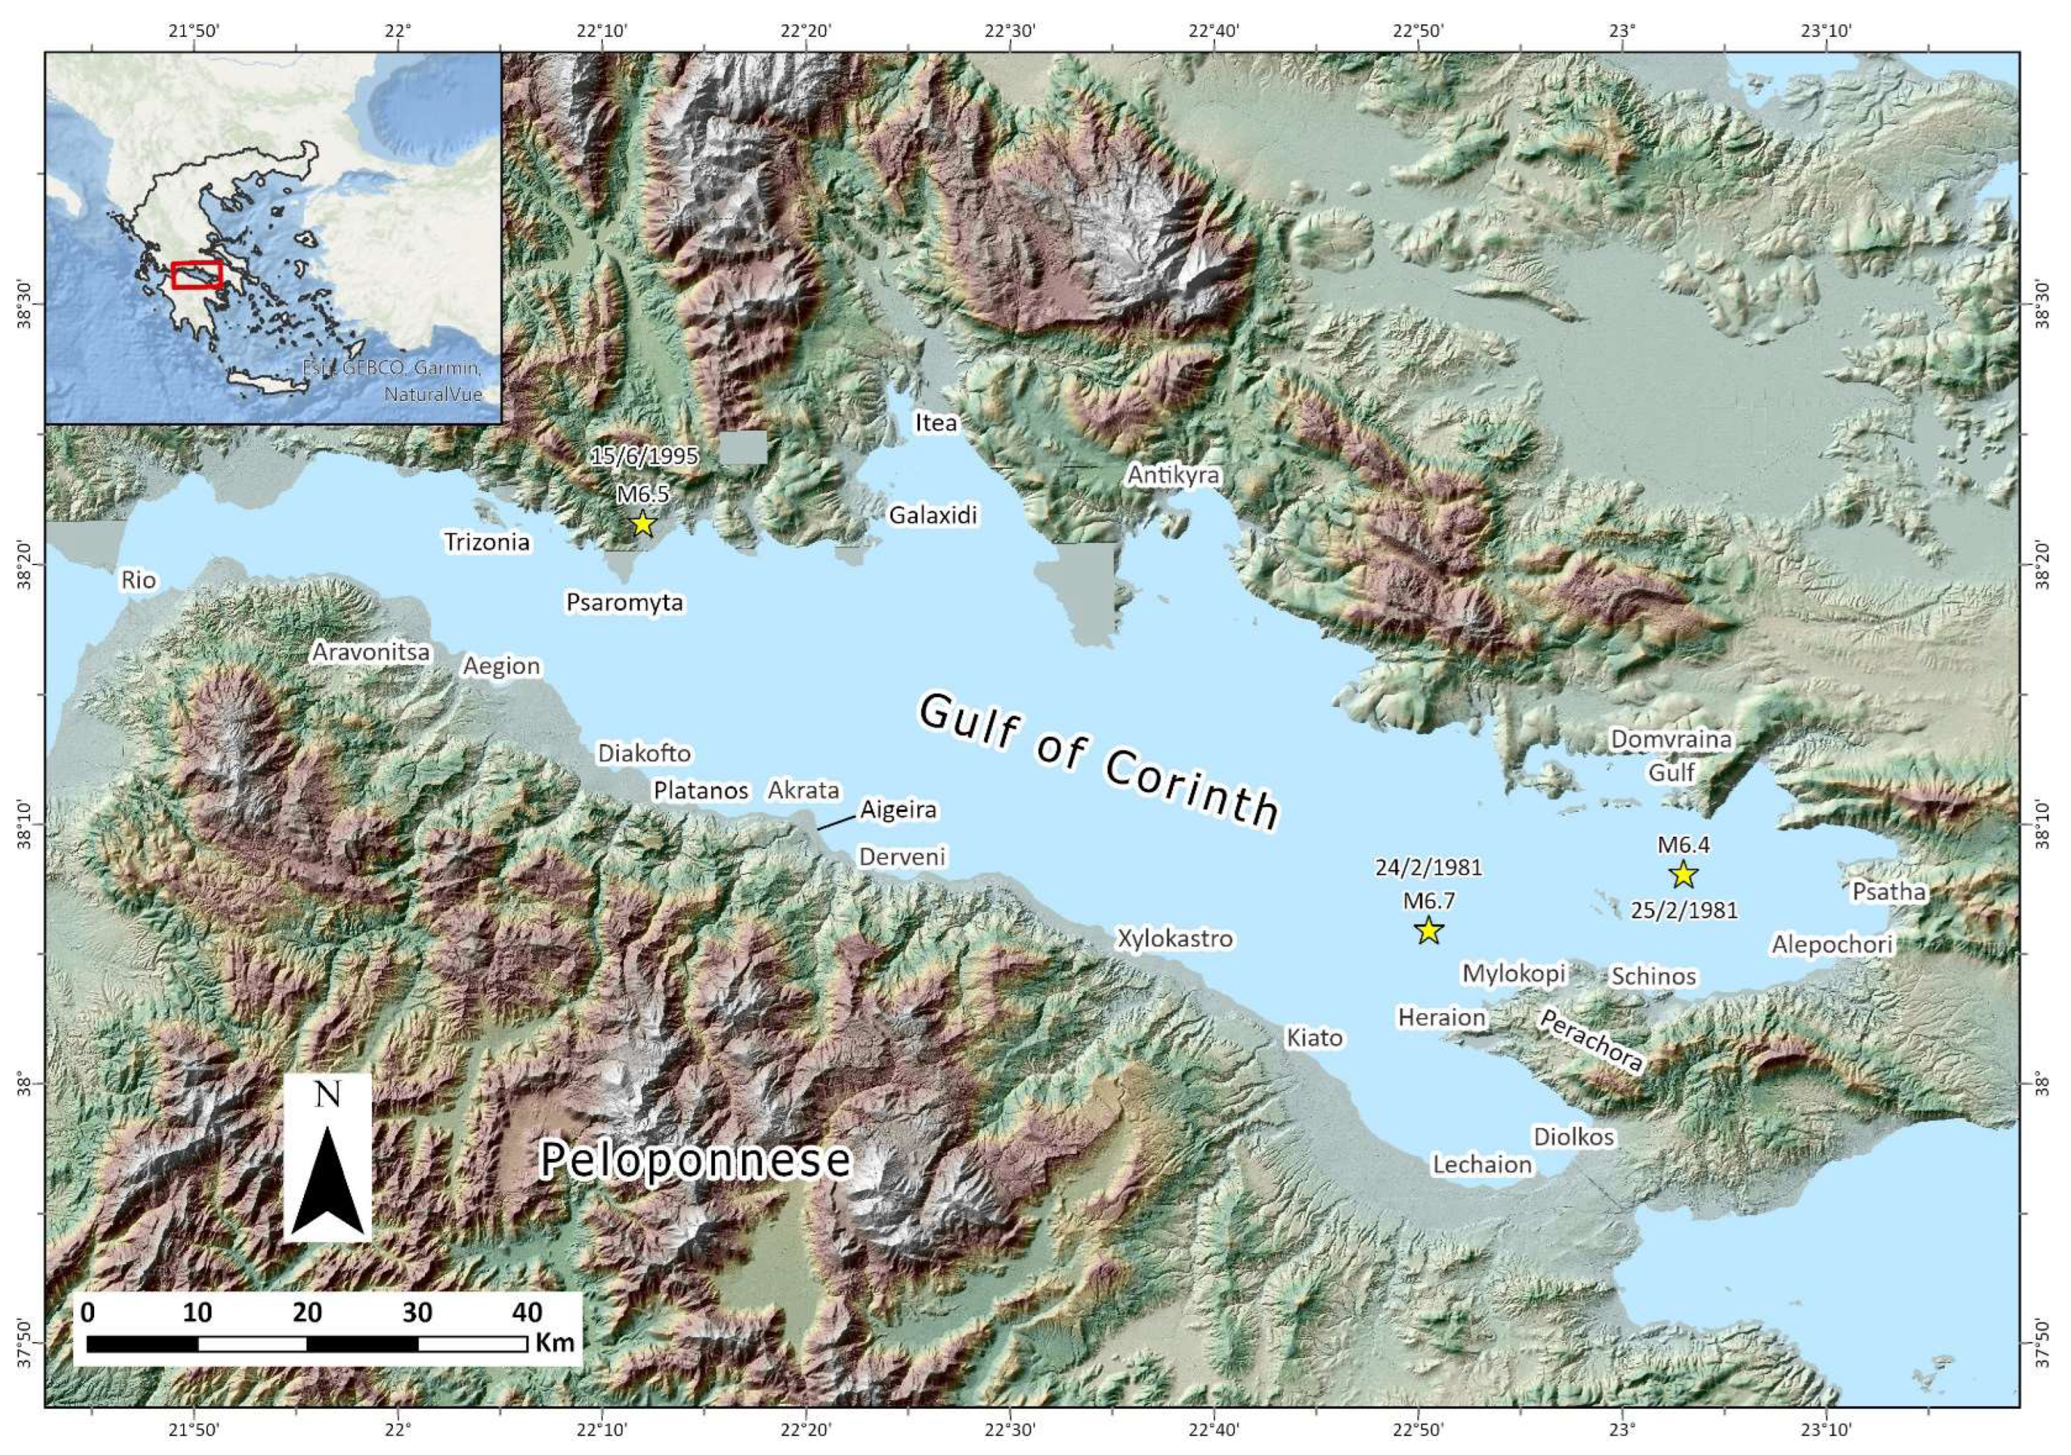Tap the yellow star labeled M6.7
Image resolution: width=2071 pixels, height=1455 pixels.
click(1428, 930)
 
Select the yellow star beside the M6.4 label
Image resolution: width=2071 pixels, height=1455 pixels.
click(1683, 874)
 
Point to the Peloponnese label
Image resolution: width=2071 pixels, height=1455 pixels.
click(695, 1160)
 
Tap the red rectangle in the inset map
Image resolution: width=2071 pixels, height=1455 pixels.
click(196, 274)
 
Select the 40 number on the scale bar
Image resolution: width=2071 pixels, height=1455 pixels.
click(528, 1312)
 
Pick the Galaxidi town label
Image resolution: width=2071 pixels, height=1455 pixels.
click(933, 516)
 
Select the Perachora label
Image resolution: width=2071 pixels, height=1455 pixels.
click(1591, 1040)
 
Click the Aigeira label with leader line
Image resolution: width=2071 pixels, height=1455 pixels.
click(897, 809)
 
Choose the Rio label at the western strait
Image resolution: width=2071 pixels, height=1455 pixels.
click(139, 580)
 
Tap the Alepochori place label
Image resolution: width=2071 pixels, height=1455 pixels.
click(1832, 944)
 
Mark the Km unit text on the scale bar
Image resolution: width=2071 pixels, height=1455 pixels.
click(554, 1342)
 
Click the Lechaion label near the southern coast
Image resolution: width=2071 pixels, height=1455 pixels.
click(1482, 1164)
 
